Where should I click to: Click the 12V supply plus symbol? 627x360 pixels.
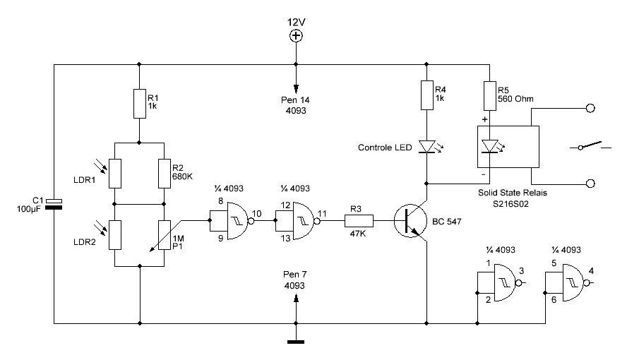point(296,36)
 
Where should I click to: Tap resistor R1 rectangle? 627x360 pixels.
point(140,104)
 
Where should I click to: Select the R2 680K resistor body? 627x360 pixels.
point(165,174)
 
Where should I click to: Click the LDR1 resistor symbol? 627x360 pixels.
point(115,174)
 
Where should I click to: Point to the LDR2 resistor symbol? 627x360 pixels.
point(115,235)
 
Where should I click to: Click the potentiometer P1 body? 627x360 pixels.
point(165,235)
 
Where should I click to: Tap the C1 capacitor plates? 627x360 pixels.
point(54,204)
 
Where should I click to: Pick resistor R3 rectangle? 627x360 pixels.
point(359,220)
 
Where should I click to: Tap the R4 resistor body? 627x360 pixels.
point(427,95)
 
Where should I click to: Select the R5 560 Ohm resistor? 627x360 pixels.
point(490,96)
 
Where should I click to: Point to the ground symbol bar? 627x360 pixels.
point(296,342)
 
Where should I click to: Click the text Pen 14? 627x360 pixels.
point(295,100)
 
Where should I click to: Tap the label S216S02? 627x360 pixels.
point(510,204)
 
